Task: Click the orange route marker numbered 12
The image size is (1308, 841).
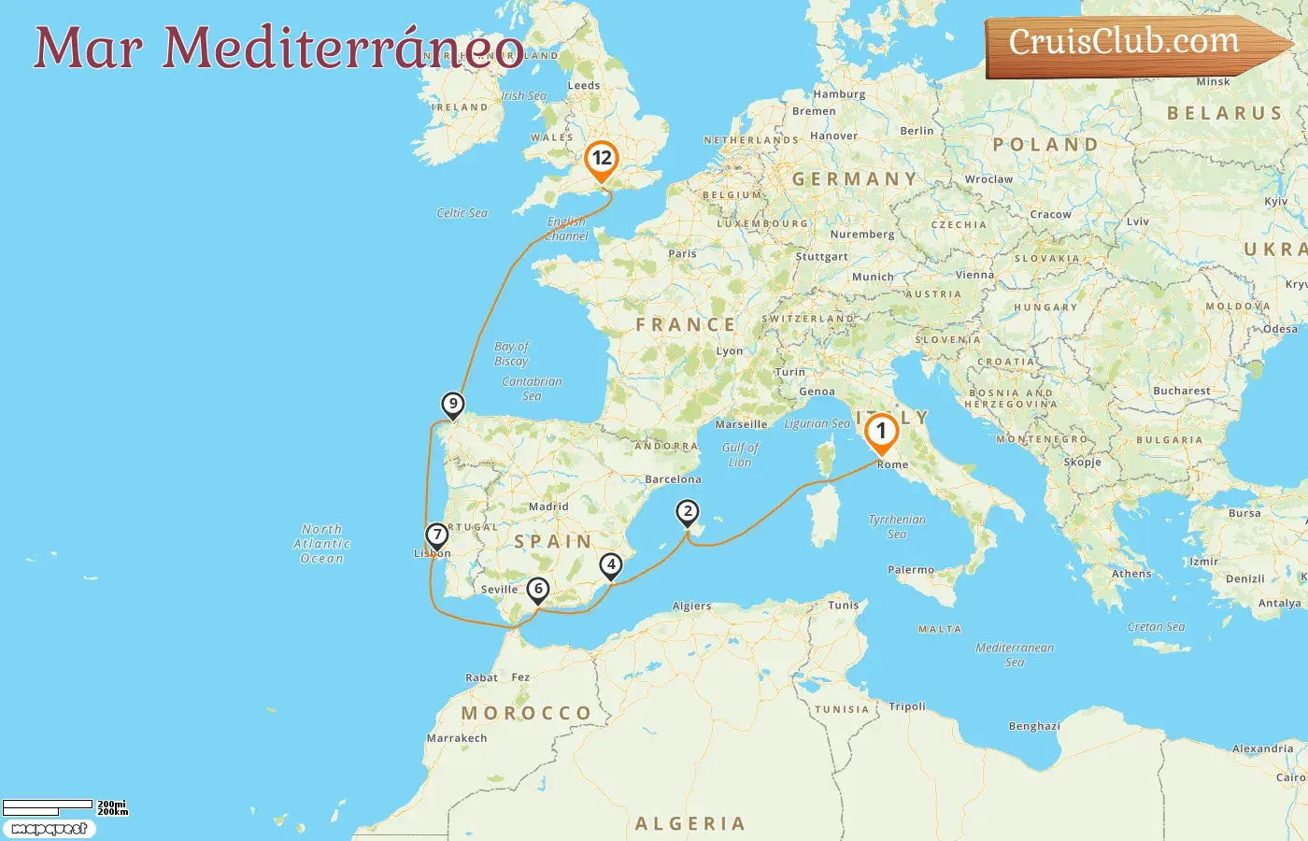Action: click(601, 160)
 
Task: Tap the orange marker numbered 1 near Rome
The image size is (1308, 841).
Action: click(880, 433)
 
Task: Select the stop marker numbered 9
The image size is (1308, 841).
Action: click(452, 405)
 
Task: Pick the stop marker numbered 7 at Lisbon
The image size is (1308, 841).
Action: click(436, 535)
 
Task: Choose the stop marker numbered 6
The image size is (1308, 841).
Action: click(538, 590)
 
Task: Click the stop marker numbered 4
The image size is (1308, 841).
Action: click(610, 564)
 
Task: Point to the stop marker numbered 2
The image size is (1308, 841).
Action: click(688, 511)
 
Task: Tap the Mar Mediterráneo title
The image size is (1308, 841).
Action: click(278, 49)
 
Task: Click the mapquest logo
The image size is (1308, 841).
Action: click(49, 829)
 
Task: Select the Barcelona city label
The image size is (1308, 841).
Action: click(673, 479)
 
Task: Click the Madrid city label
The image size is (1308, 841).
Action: click(548, 506)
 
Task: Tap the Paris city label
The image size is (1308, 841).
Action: click(682, 253)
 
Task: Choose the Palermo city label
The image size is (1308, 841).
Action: click(911, 569)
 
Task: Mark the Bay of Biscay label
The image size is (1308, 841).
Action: click(511, 353)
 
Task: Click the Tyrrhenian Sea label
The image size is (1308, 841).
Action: click(897, 526)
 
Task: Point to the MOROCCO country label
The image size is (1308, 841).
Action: click(526, 713)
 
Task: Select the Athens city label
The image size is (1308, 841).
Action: click(1131, 574)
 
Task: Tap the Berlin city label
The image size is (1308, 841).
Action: click(917, 131)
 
